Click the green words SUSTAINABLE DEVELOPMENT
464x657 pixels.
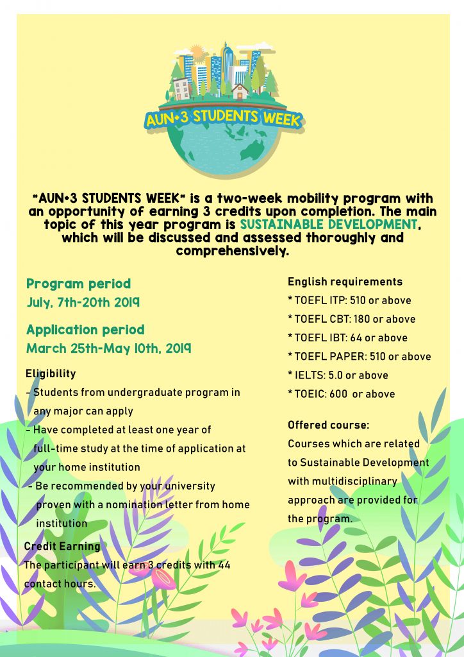point(329,225)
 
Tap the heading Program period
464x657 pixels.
point(78,284)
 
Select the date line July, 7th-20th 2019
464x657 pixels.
point(83,302)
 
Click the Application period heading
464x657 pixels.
point(85,330)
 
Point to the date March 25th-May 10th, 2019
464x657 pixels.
point(108,349)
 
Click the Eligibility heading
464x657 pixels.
point(51,373)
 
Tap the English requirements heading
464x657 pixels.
point(345,282)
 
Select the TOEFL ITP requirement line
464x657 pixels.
point(350,300)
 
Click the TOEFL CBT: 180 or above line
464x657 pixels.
point(352,319)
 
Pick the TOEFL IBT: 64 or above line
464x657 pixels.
point(348,337)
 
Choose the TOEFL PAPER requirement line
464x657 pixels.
point(360,356)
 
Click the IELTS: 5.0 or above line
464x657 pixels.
point(338,375)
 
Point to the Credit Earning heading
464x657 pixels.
point(62,547)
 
